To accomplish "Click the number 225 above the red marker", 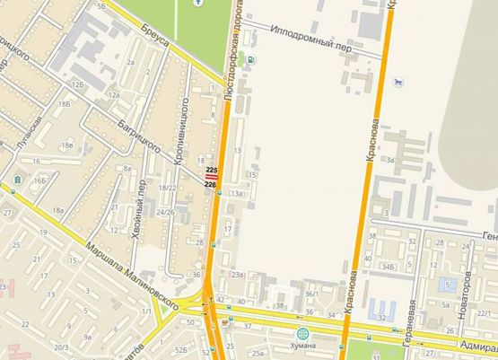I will pyautogui.click(x=212, y=169).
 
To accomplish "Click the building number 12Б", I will pyautogui.click(x=78, y=84).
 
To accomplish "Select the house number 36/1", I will pyautogui.click(x=311, y=294).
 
